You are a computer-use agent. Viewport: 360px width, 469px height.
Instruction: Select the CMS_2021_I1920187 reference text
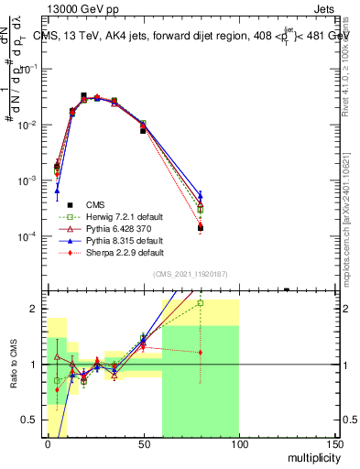click(189, 275)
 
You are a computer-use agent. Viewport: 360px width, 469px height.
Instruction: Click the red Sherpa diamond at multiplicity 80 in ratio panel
click(201, 353)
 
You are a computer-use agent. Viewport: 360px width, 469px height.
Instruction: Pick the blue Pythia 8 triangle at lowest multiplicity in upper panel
click(57, 191)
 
